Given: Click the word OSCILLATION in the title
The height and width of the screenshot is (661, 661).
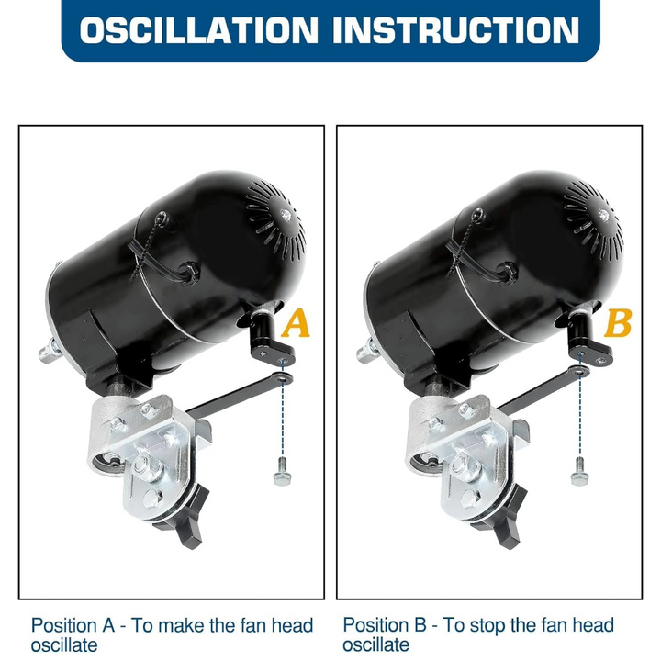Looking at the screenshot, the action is click(x=198, y=30).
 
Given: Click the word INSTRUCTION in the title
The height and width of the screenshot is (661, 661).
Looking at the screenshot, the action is click(x=456, y=30).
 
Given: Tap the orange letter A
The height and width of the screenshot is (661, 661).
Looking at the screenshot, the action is click(x=296, y=323).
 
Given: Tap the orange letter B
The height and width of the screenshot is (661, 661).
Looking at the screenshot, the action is click(x=618, y=323).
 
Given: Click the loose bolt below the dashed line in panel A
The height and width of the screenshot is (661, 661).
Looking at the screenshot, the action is click(x=282, y=472).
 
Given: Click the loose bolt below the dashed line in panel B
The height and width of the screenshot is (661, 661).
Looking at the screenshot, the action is click(x=579, y=472).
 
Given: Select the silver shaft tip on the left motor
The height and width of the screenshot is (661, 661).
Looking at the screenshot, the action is click(x=49, y=351).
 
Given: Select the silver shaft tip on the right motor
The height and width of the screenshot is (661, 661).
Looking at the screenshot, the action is click(x=366, y=351).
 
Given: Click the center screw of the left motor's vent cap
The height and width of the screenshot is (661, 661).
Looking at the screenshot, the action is click(x=286, y=216).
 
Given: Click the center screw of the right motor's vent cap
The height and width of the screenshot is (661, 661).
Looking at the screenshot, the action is click(x=604, y=216).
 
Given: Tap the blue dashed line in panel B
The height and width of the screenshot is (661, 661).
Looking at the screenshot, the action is click(x=580, y=405).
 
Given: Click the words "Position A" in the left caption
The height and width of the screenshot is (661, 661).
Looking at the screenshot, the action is click(x=73, y=625).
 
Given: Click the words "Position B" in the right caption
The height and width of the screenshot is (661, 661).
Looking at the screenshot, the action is click(x=385, y=625).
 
